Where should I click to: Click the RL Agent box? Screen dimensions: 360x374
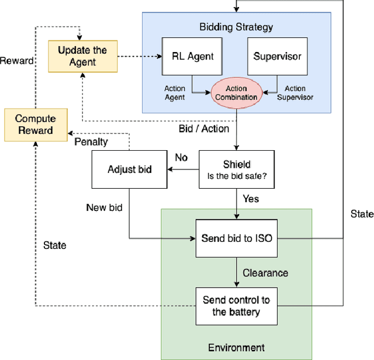point(192,57)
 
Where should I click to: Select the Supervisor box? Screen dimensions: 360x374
point(277,57)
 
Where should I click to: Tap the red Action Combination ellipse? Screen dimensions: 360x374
point(234,93)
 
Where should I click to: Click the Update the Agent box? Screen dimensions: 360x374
point(82,56)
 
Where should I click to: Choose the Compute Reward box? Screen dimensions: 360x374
point(34,124)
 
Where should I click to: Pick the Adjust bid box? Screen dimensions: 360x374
point(129,169)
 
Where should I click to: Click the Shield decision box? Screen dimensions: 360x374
point(236,169)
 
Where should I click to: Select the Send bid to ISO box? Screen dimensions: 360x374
point(236,238)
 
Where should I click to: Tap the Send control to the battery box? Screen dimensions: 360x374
point(236,306)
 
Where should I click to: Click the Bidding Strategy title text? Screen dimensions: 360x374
point(236,27)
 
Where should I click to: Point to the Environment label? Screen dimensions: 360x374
point(236,348)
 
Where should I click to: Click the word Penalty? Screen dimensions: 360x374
point(91,142)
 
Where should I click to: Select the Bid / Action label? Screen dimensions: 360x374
point(203,129)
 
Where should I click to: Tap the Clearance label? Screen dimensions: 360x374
point(265,272)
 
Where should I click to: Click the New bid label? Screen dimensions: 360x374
point(104,207)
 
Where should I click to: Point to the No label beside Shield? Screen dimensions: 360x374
point(182,157)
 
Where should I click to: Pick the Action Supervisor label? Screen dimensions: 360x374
point(295,93)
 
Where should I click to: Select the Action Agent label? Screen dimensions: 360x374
point(174,93)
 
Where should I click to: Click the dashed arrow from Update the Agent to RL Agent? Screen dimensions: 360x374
point(140,57)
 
